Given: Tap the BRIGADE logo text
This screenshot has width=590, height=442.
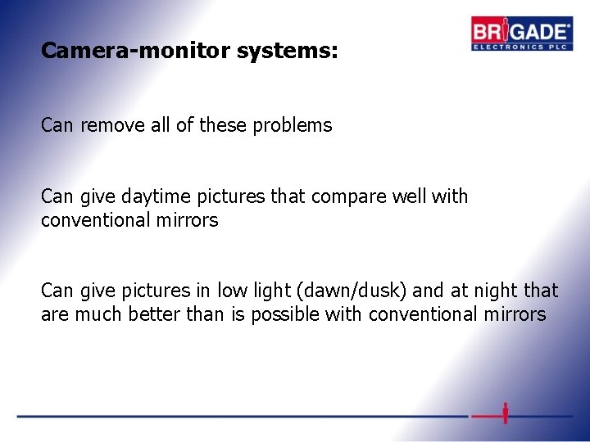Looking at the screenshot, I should [x=520, y=32].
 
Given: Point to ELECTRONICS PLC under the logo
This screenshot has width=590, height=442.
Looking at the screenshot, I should [x=520, y=47].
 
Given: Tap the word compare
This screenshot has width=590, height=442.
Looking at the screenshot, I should [x=321, y=197].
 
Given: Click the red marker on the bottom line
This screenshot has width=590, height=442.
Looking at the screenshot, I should [x=506, y=413].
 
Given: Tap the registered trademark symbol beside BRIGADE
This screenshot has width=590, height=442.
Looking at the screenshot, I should [x=570, y=24].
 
